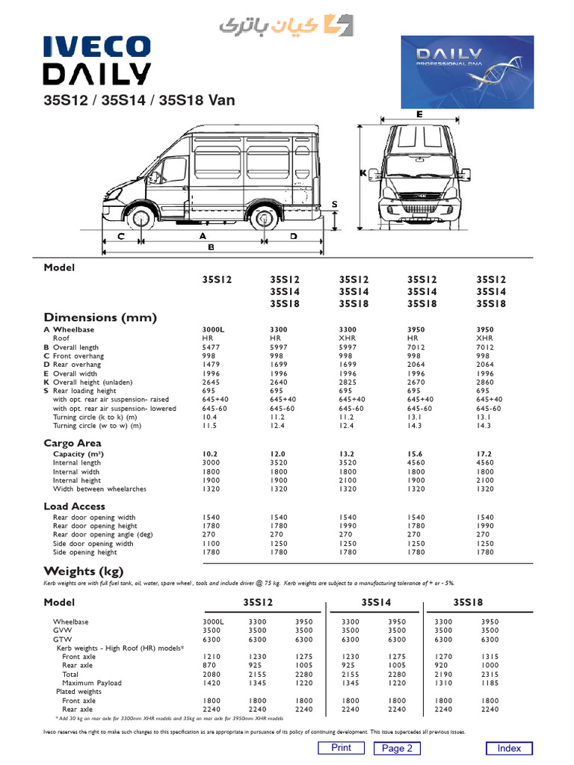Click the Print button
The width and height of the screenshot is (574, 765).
tap(341, 748)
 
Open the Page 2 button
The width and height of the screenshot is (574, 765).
tap(397, 749)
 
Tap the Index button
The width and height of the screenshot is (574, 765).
tap(509, 749)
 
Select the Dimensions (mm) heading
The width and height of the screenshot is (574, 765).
tap(100, 318)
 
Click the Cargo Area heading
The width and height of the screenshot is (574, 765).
tap(72, 444)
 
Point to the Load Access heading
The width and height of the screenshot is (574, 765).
tap(75, 507)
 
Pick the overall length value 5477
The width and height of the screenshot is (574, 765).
tap(212, 347)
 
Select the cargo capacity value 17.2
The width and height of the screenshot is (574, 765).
tap(484, 454)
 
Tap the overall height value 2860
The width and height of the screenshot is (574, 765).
tap(484, 382)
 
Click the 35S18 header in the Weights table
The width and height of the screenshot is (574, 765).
tap(469, 602)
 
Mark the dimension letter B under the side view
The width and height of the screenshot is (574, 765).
tap(212, 247)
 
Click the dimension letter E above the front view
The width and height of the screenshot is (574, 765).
tap(420, 114)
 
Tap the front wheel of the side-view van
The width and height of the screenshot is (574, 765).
tap(138, 218)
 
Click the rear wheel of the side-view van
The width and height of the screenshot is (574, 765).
tap(264, 218)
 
